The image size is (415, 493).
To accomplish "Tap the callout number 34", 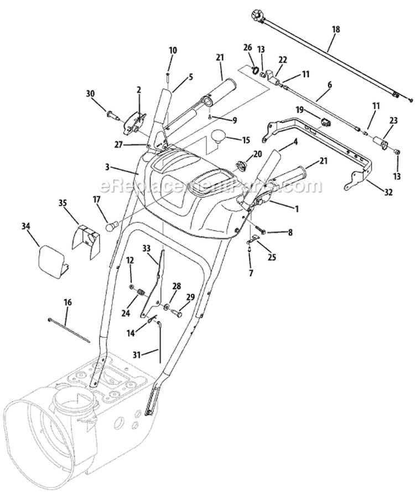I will tap(25, 226).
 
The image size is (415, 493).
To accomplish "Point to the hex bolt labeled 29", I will tap(178, 314).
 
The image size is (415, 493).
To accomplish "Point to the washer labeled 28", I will tap(166, 306).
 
